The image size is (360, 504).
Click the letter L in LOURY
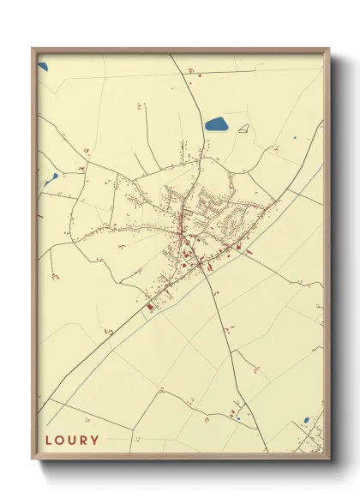pyautogui.click(x=48, y=441)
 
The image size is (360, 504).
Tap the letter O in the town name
pyautogui.click(x=60, y=441)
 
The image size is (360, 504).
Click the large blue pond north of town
pyautogui.click(x=215, y=124)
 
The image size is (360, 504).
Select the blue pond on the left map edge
pyautogui.click(x=52, y=179)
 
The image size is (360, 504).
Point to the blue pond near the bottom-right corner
pyautogui.click(x=306, y=421)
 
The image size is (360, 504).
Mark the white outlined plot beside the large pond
pyautogui.click(x=243, y=129)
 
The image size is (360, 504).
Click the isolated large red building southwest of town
pyautogui.click(x=149, y=306)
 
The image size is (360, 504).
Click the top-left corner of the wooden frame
pyautogui.click(x=33, y=49)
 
